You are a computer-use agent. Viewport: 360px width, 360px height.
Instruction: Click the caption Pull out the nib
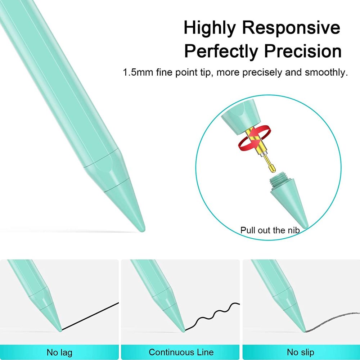click(x=270, y=230)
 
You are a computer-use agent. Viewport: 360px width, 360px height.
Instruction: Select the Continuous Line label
click(x=181, y=352)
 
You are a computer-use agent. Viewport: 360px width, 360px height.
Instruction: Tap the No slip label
click(x=301, y=352)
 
